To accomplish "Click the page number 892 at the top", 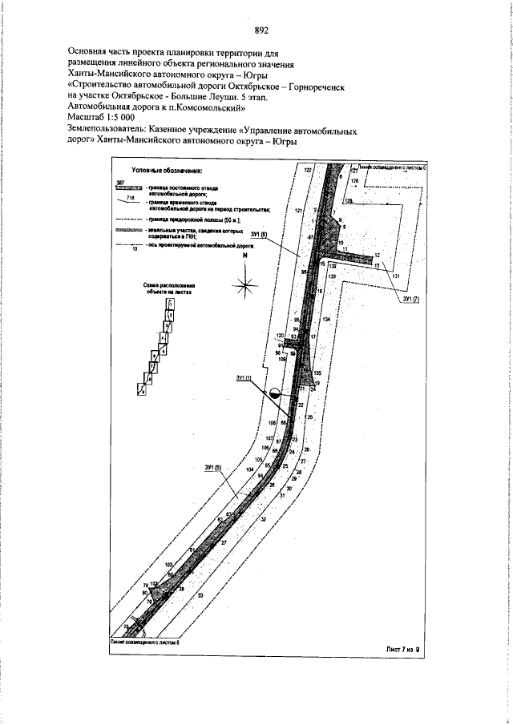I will [x=261, y=31].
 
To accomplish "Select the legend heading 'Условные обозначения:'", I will [x=168, y=171].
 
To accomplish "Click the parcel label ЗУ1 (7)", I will [x=410, y=299].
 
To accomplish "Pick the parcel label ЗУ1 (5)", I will [x=212, y=468].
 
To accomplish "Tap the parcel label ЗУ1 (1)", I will [x=244, y=378].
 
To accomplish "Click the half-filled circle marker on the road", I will [x=273, y=393].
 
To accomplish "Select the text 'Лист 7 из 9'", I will [x=402, y=649].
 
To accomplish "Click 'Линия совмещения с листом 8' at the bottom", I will [x=145, y=642].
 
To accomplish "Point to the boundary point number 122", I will [x=307, y=171].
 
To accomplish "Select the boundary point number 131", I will [x=395, y=276].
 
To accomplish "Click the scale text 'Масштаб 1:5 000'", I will [x=101, y=117].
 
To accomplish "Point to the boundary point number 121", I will [x=297, y=210].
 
